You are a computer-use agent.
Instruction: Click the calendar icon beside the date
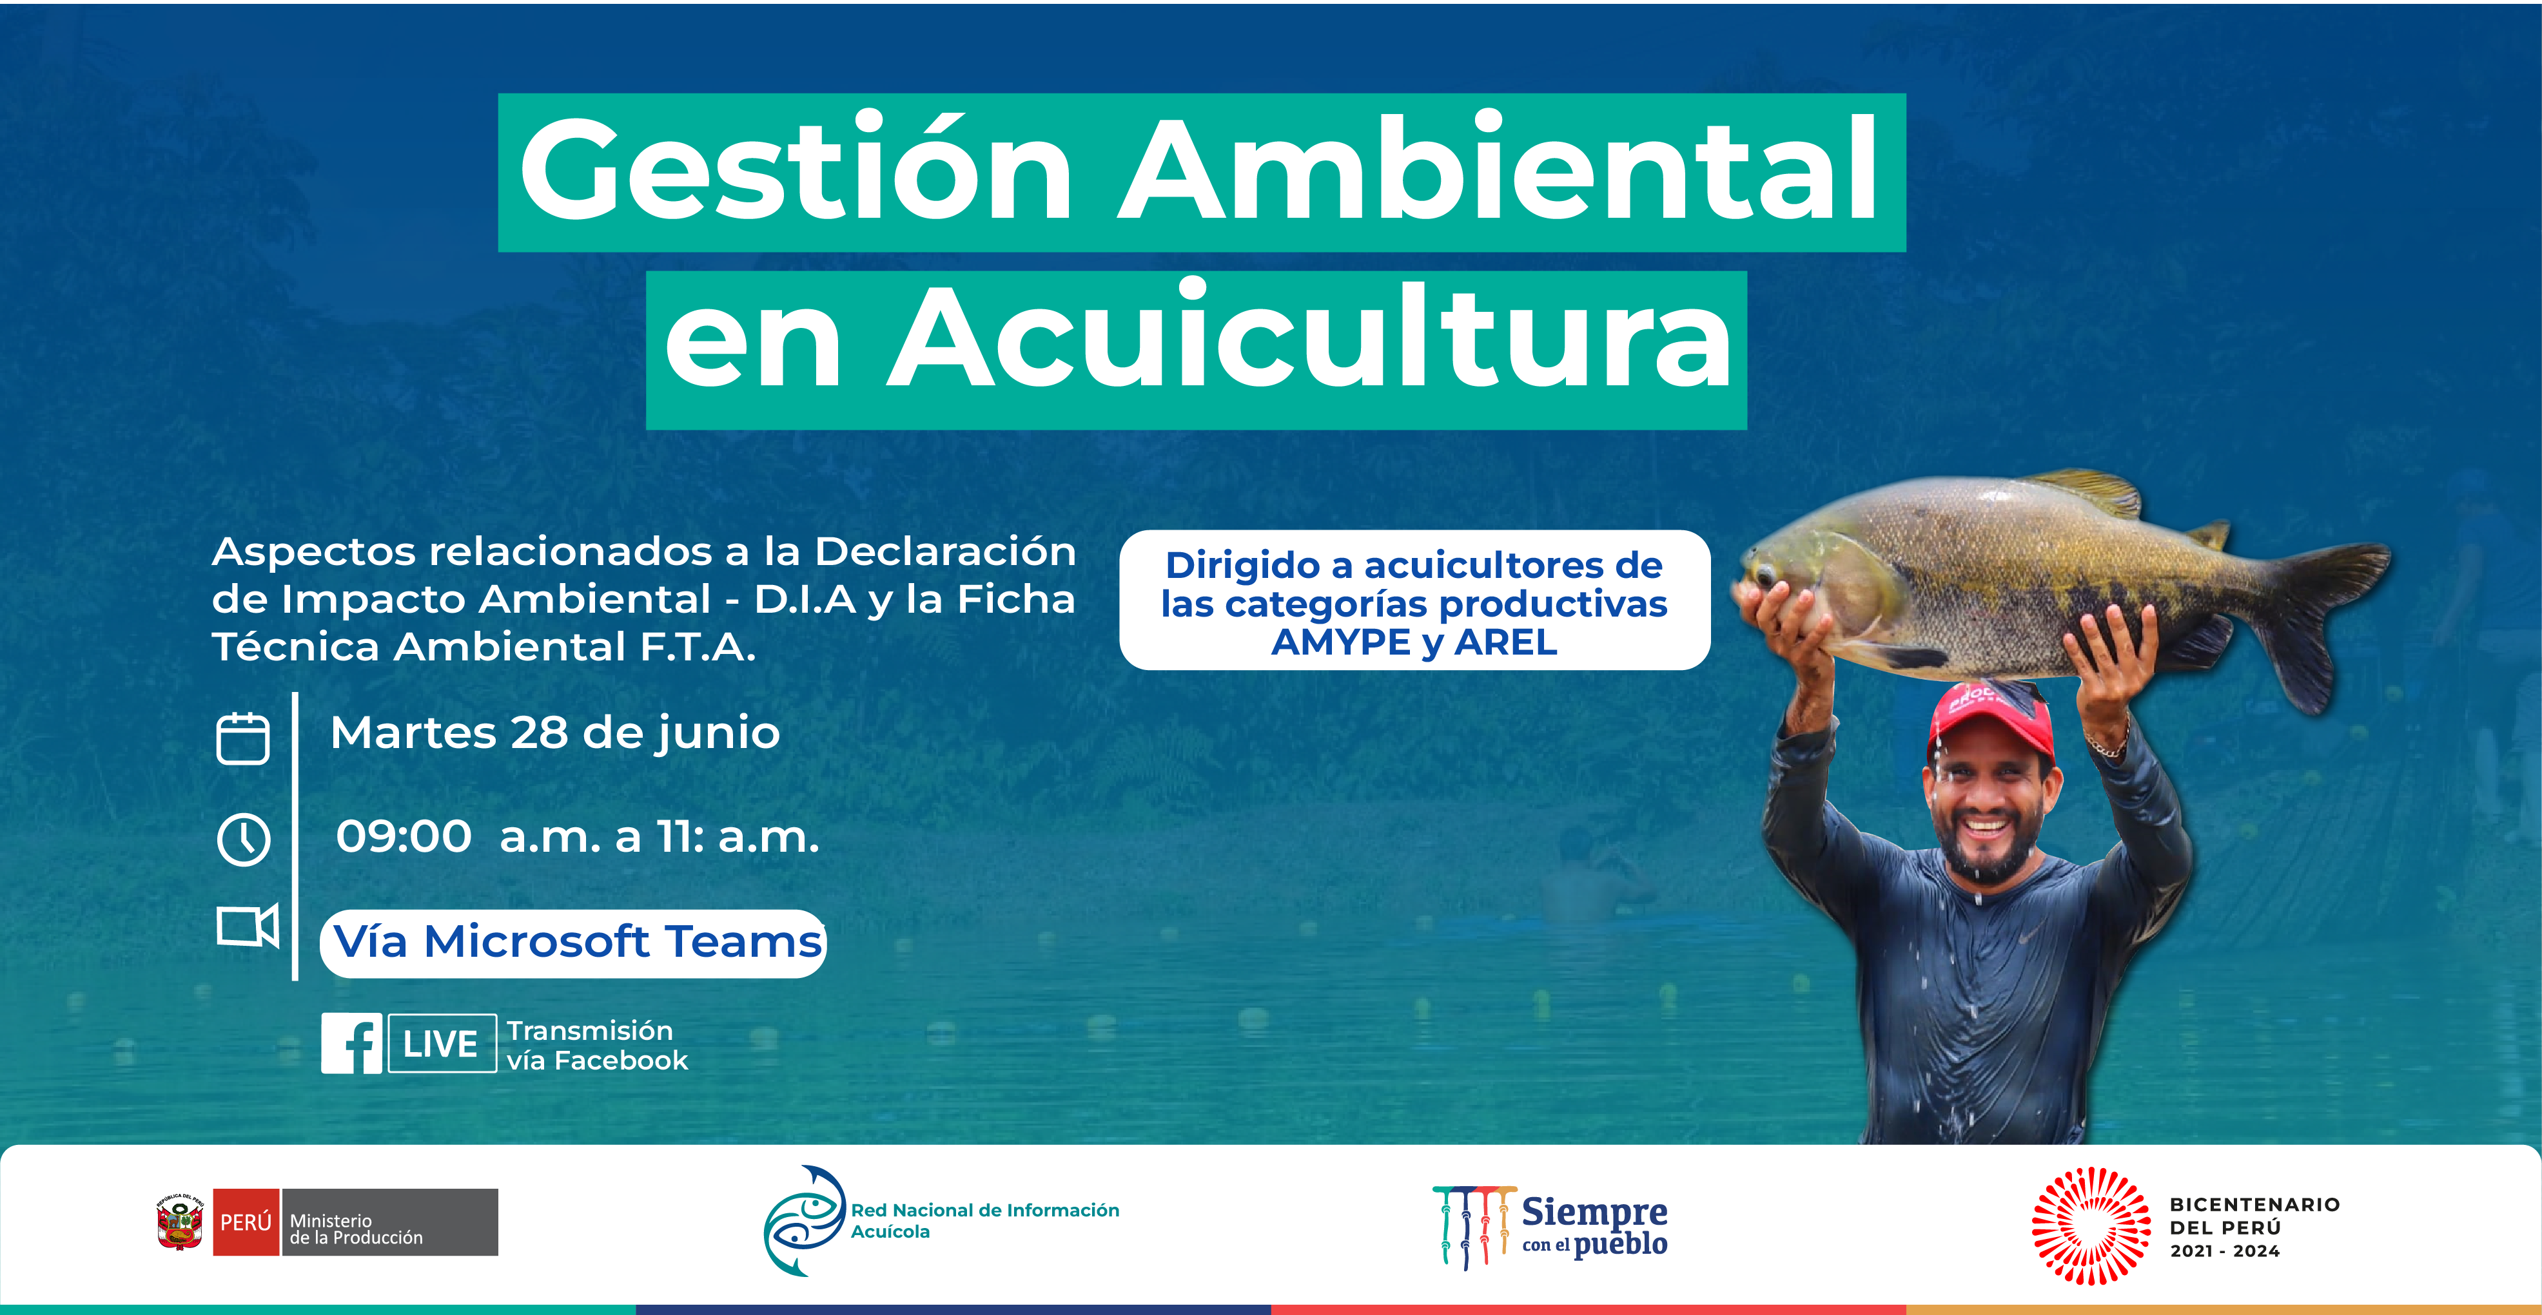(x=243, y=738)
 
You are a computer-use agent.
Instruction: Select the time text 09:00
(x=404, y=836)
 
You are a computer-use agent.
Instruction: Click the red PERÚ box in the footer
(x=246, y=1222)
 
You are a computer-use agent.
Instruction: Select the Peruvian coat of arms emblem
(x=181, y=1222)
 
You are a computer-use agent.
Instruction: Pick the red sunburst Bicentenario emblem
(x=2091, y=1226)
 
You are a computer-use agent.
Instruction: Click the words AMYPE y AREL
(x=1414, y=643)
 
